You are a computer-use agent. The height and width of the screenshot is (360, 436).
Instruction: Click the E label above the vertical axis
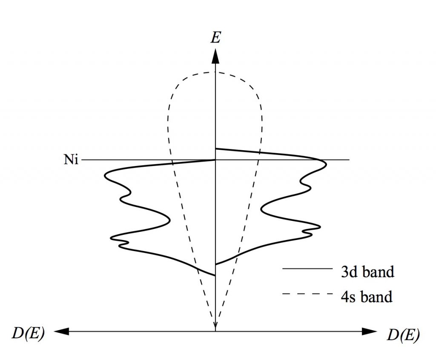216,37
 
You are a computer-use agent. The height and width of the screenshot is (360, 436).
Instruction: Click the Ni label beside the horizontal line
71,160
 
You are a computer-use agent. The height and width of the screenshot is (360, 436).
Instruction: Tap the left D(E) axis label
28,334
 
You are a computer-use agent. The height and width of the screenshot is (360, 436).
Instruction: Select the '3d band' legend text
367,271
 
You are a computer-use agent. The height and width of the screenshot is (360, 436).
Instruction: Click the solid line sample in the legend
307,269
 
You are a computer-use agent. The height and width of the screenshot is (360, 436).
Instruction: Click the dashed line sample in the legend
307,294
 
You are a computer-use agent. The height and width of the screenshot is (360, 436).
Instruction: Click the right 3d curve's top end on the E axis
216,149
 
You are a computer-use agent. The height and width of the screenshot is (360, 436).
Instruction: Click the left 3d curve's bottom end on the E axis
215,275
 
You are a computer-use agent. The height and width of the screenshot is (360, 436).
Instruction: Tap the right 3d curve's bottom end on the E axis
216,264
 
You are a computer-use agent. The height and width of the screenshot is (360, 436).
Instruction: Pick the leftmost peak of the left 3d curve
105,176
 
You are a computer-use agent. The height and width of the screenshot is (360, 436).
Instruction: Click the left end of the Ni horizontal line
81,160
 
